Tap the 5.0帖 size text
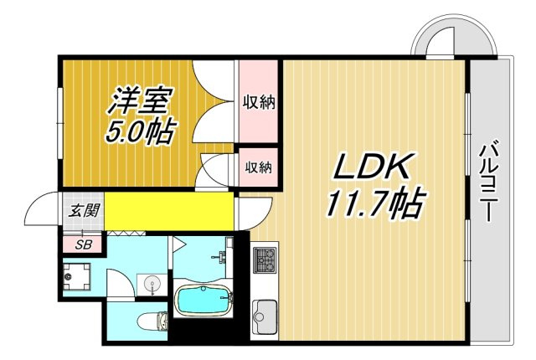point(140,131)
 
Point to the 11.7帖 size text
point(376,203)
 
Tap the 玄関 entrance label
point(84,211)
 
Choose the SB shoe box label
point(83,245)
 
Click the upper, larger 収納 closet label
point(259,102)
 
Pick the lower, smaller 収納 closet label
point(259,167)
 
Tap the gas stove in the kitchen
point(265,260)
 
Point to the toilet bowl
point(152,321)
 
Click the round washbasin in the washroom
point(151,284)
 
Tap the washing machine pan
point(77,276)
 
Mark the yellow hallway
point(169,212)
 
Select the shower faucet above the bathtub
point(219,257)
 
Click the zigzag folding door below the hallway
point(126,234)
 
